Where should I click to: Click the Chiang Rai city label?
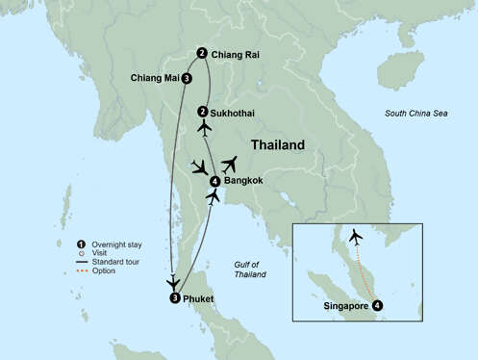tap(235, 54)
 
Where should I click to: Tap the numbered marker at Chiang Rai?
tap(201, 54)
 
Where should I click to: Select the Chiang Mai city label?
tap(154, 78)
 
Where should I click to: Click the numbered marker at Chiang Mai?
tap(186, 79)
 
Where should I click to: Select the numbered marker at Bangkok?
tap(214, 179)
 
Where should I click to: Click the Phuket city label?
tap(197, 298)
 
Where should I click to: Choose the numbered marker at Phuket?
tap(173, 298)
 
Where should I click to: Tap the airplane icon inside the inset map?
tap(357, 236)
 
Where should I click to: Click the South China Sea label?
tap(416, 114)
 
